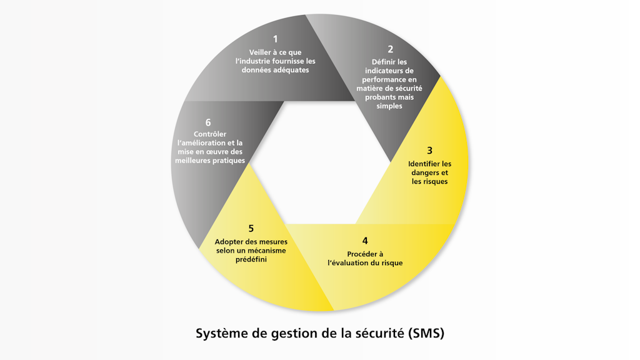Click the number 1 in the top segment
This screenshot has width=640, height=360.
(x=275, y=39)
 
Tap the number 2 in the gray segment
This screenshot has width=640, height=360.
(x=391, y=49)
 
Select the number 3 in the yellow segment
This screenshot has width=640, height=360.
(x=429, y=151)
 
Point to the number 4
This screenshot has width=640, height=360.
(x=365, y=241)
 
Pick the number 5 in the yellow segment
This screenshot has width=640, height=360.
(x=251, y=229)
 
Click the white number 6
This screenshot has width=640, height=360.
(x=208, y=122)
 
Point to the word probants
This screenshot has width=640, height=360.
(x=381, y=97)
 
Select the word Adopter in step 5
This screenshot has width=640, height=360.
(x=230, y=242)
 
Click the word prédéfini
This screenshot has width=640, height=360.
(x=251, y=259)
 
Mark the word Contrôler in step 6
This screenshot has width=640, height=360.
(x=210, y=134)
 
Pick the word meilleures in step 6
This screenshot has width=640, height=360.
(x=195, y=161)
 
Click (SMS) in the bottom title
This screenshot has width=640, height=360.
(x=424, y=333)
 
